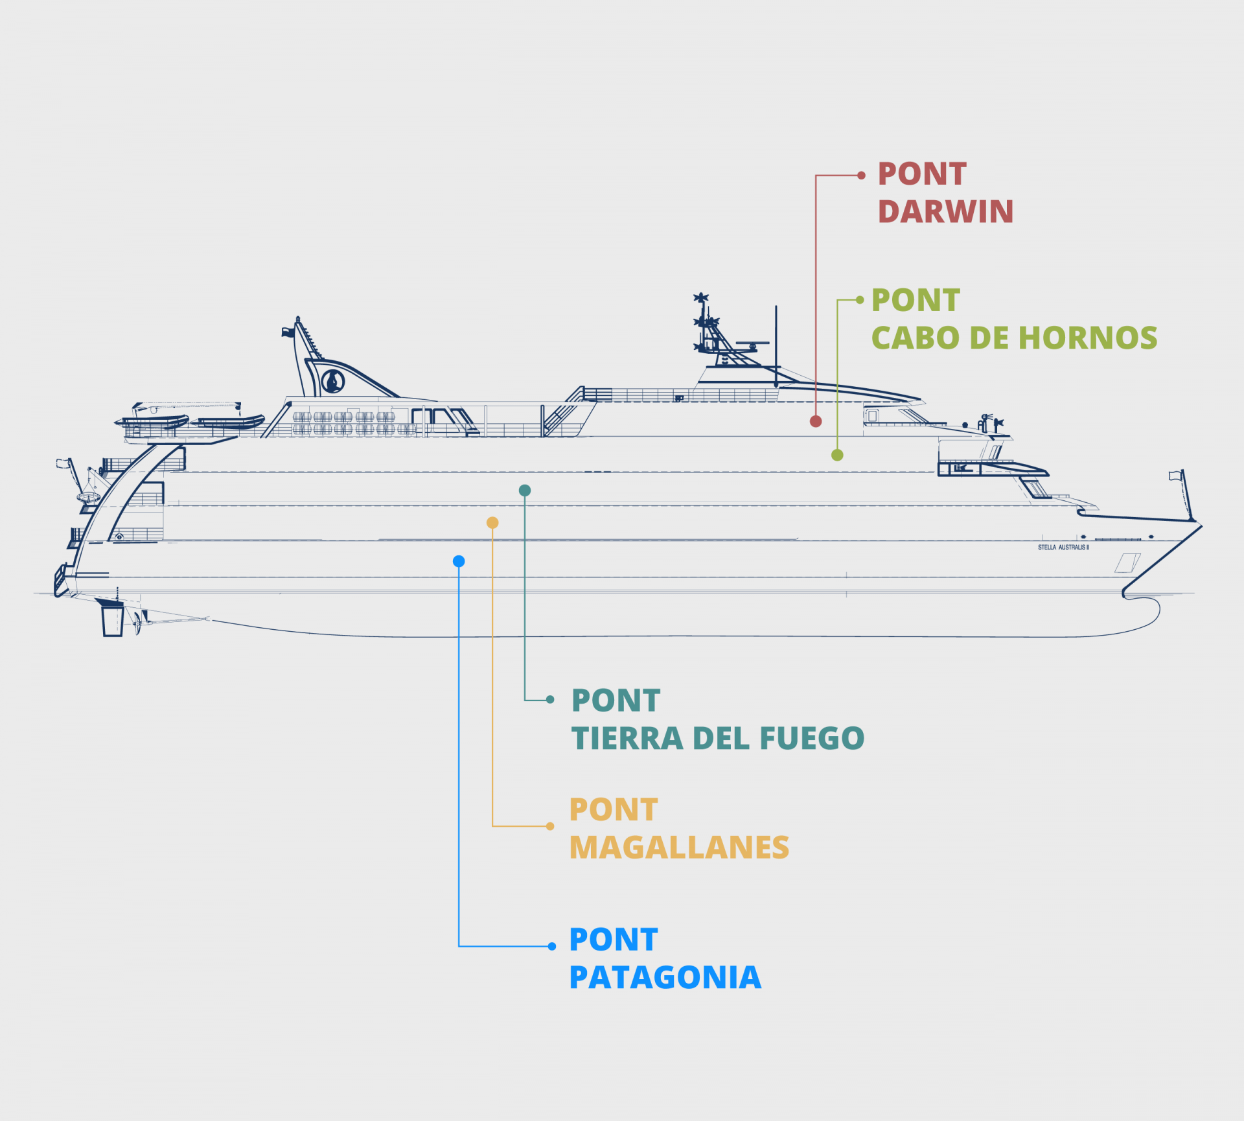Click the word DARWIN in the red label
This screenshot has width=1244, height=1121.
(x=945, y=212)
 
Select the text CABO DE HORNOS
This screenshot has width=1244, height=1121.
(x=1014, y=338)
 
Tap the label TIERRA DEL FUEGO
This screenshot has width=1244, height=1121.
(x=717, y=738)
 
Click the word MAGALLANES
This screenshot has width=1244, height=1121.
(x=679, y=847)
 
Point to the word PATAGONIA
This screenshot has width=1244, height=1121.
(x=665, y=977)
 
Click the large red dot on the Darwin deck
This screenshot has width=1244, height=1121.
(x=816, y=421)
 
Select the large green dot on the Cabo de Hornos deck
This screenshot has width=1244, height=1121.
(x=837, y=455)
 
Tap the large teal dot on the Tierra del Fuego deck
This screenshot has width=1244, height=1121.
(x=525, y=491)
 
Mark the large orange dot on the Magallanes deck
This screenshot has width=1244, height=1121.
(x=492, y=522)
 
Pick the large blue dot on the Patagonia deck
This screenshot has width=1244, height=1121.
(x=459, y=561)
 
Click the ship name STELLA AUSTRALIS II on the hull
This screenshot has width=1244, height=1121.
(x=1063, y=548)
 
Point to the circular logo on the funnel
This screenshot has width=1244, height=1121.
(x=333, y=380)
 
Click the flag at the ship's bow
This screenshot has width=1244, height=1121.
(x=1175, y=476)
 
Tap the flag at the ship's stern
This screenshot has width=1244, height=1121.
(x=63, y=463)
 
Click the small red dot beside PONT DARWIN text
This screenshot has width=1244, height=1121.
(x=861, y=176)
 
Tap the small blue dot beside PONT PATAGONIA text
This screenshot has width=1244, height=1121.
(x=552, y=946)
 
